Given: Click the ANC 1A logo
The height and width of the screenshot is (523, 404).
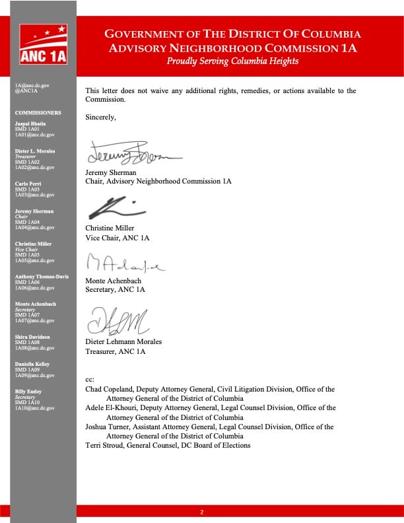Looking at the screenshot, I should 44,44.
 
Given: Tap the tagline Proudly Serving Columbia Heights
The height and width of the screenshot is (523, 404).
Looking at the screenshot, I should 232,61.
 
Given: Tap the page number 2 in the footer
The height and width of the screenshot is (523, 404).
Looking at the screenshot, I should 202,512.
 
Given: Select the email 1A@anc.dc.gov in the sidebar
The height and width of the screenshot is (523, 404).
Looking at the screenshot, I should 32,86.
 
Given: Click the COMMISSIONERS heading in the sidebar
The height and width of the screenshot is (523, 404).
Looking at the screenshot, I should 38,113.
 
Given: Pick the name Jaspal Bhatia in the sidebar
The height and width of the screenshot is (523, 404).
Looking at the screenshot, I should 30,123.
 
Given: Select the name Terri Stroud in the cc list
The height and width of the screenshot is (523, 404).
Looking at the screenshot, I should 104,445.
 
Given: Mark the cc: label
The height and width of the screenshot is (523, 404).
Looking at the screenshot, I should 90,380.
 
